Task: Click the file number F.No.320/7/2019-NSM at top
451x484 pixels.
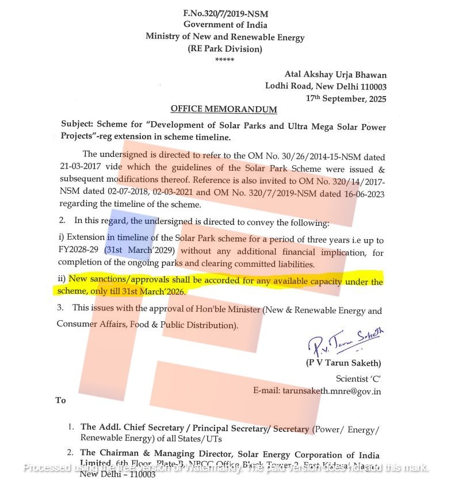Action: [x=225, y=13]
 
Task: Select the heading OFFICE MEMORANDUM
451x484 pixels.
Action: [x=224, y=109]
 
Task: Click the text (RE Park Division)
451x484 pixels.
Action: [x=225, y=49]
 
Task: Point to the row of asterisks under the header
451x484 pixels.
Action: [x=224, y=60]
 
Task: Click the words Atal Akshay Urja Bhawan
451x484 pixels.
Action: [x=336, y=75]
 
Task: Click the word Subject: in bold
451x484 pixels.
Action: [x=78, y=126]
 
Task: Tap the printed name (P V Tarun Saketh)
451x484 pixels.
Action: [x=343, y=363]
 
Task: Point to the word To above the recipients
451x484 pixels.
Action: [x=61, y=400]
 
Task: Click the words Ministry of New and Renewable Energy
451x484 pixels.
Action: [x=225, y=37]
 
